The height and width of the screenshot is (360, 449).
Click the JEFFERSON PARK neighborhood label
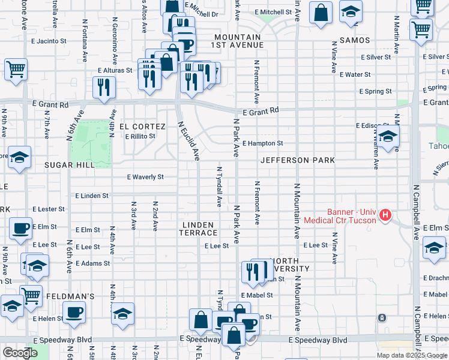click(x=297, y=161)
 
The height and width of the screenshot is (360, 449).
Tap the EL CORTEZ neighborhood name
click(x=142, y=127)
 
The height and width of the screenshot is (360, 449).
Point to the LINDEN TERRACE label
click(x=200, y=229)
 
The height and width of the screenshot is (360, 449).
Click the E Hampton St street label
click(x=262, y=144)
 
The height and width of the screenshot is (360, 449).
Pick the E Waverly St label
click(x=145, y=177)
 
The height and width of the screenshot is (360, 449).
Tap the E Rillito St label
click(x=140, y=136)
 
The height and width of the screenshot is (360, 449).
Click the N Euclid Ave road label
click(x=188, y=141)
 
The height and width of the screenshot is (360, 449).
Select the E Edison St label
click(x=373, y=125)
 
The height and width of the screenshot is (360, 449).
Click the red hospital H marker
click(x=386, y=214)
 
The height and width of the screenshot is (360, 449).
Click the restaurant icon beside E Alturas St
click(x=104, y=87)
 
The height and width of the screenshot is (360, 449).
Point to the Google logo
click(x=20, y=353)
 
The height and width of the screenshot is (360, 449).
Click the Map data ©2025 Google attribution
click(x=411, y=355)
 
